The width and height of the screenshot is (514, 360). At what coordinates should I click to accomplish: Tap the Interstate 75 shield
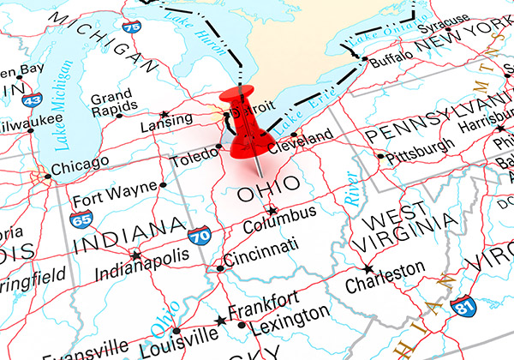coord(131,27)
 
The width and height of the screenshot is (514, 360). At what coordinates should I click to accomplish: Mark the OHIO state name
coord(267,185)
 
